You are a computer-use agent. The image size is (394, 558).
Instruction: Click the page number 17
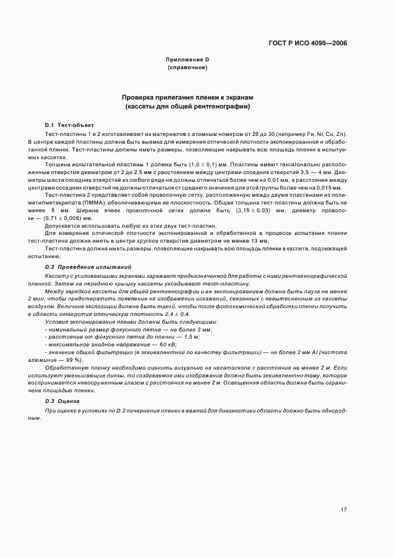pos(344,510)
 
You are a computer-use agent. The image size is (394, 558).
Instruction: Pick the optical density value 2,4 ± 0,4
pos(175,314)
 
